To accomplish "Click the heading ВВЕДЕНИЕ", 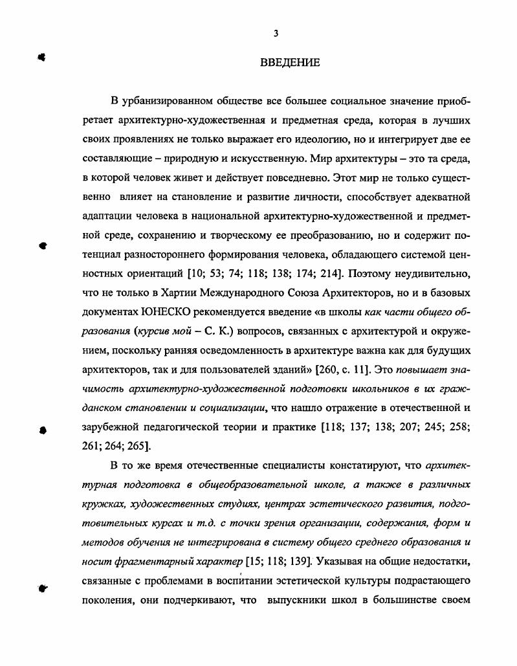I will (289, 63).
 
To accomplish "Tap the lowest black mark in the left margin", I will (42, 588).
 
